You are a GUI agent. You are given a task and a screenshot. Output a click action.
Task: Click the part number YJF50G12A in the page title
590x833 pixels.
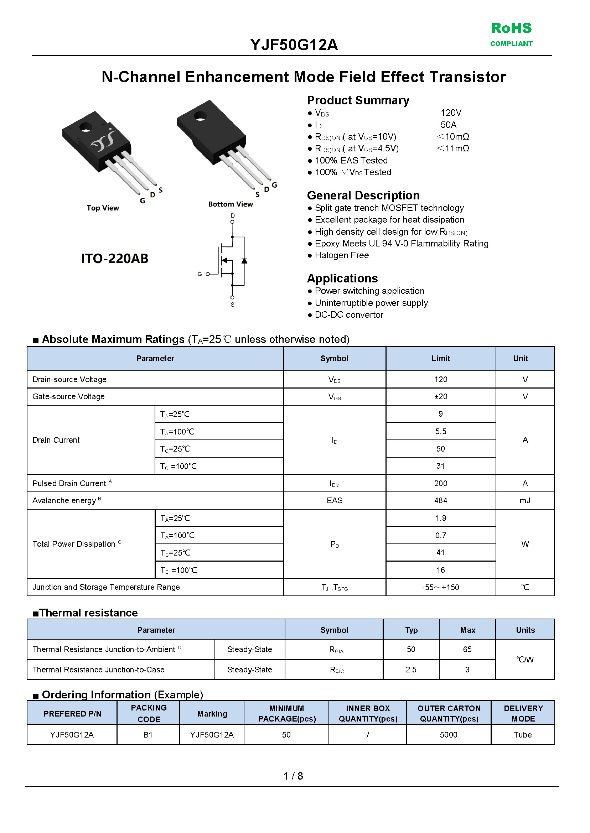(294, 45)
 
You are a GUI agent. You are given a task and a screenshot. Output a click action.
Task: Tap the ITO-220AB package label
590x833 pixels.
(114, 259)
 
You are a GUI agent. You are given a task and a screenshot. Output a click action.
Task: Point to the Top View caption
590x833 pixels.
(103, 208)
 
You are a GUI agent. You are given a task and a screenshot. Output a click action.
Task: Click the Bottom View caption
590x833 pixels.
(230, 204)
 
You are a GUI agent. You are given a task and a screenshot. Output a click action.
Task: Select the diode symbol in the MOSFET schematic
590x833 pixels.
(244, 260)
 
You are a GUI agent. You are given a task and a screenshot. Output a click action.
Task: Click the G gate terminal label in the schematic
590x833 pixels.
(200, 274)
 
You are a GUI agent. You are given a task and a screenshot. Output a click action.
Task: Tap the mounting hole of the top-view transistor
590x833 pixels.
(86, 127)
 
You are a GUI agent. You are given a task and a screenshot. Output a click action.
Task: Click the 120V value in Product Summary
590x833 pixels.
(450, 113)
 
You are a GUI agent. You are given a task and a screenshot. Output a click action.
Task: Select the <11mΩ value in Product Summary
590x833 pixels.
(453, 149)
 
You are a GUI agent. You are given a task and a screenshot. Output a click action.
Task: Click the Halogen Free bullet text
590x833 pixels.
(342, 255)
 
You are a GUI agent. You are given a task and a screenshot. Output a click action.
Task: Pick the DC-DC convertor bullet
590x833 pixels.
(349, 315)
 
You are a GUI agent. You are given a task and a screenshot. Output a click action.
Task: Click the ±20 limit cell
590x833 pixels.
(440, 396)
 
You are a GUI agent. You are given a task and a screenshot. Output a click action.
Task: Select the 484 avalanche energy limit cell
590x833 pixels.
(440, 500)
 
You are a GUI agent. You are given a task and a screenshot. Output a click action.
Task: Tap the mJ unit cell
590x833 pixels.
(524, 500)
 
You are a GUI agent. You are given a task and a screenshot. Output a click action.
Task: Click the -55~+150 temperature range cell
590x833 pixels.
(440, 587)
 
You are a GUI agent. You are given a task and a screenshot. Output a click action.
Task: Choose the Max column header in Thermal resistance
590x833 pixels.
(467, 630)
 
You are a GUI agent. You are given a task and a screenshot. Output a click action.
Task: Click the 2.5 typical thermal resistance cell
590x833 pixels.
(411, 670)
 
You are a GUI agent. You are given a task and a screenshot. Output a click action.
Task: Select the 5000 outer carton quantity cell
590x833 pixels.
(448, 735)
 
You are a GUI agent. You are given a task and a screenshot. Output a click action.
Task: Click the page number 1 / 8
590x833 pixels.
(293, 776)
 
